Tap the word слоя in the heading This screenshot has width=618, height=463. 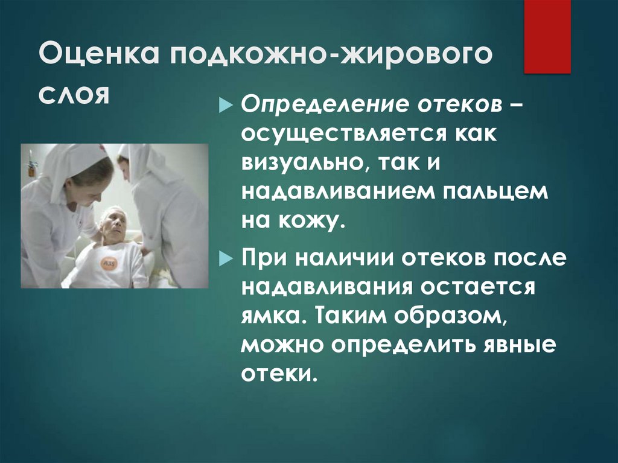74,95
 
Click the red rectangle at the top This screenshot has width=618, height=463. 547,36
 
